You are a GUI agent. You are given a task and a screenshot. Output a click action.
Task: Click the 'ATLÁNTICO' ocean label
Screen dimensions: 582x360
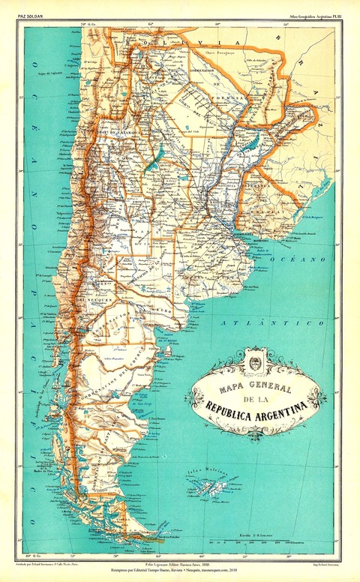[262, 322]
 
